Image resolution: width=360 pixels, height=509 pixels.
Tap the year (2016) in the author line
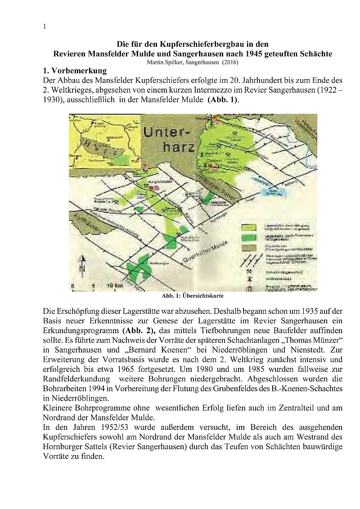pyautogui.click(x=229, y=62)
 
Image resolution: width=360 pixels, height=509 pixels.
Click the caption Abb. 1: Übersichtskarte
pyautogui.click(x=193, y=296)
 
